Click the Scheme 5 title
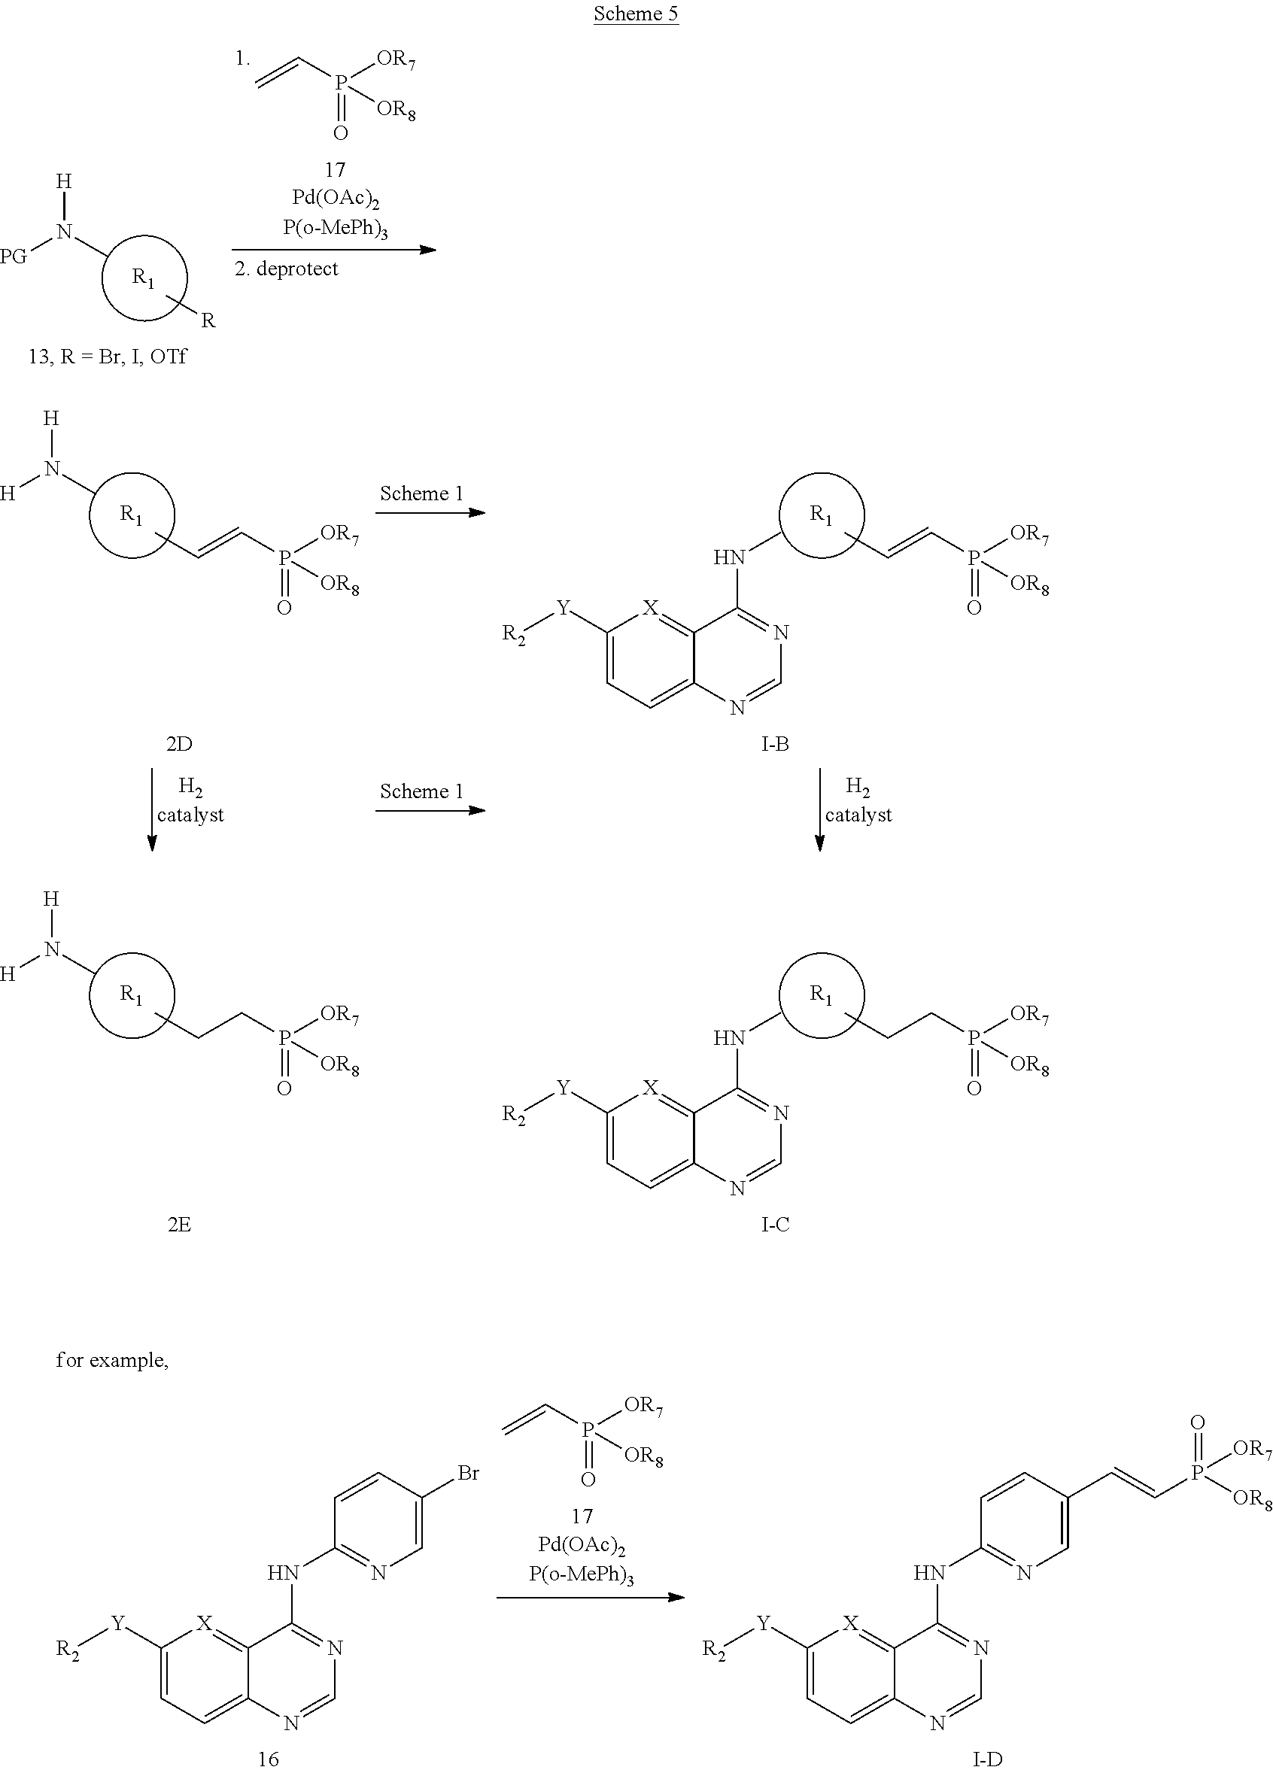(x=636, y=14)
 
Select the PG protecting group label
(x=14, y=257)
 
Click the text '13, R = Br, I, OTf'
(x=108, y=357)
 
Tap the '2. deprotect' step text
(x=286, y=269)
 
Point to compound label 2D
(x=179, y=743)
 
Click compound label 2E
(x=179, y=1224)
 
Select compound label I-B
(x=775, y=743)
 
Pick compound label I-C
(x=775, y=1224)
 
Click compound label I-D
(x=988, y=1759)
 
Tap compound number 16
(x=268, y=1759)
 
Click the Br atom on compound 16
(x=469, y=1474)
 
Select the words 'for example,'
(x=112, y=1360)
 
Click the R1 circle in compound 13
(x=144, y=235)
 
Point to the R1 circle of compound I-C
(x=822, y=954)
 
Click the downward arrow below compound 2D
(x=152, y=809)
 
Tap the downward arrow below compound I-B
(x=819, y=809)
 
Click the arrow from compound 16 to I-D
(x=591, y=1597)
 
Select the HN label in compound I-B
(x=729, y=557)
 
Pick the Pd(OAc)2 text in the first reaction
(x=336, y=200)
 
